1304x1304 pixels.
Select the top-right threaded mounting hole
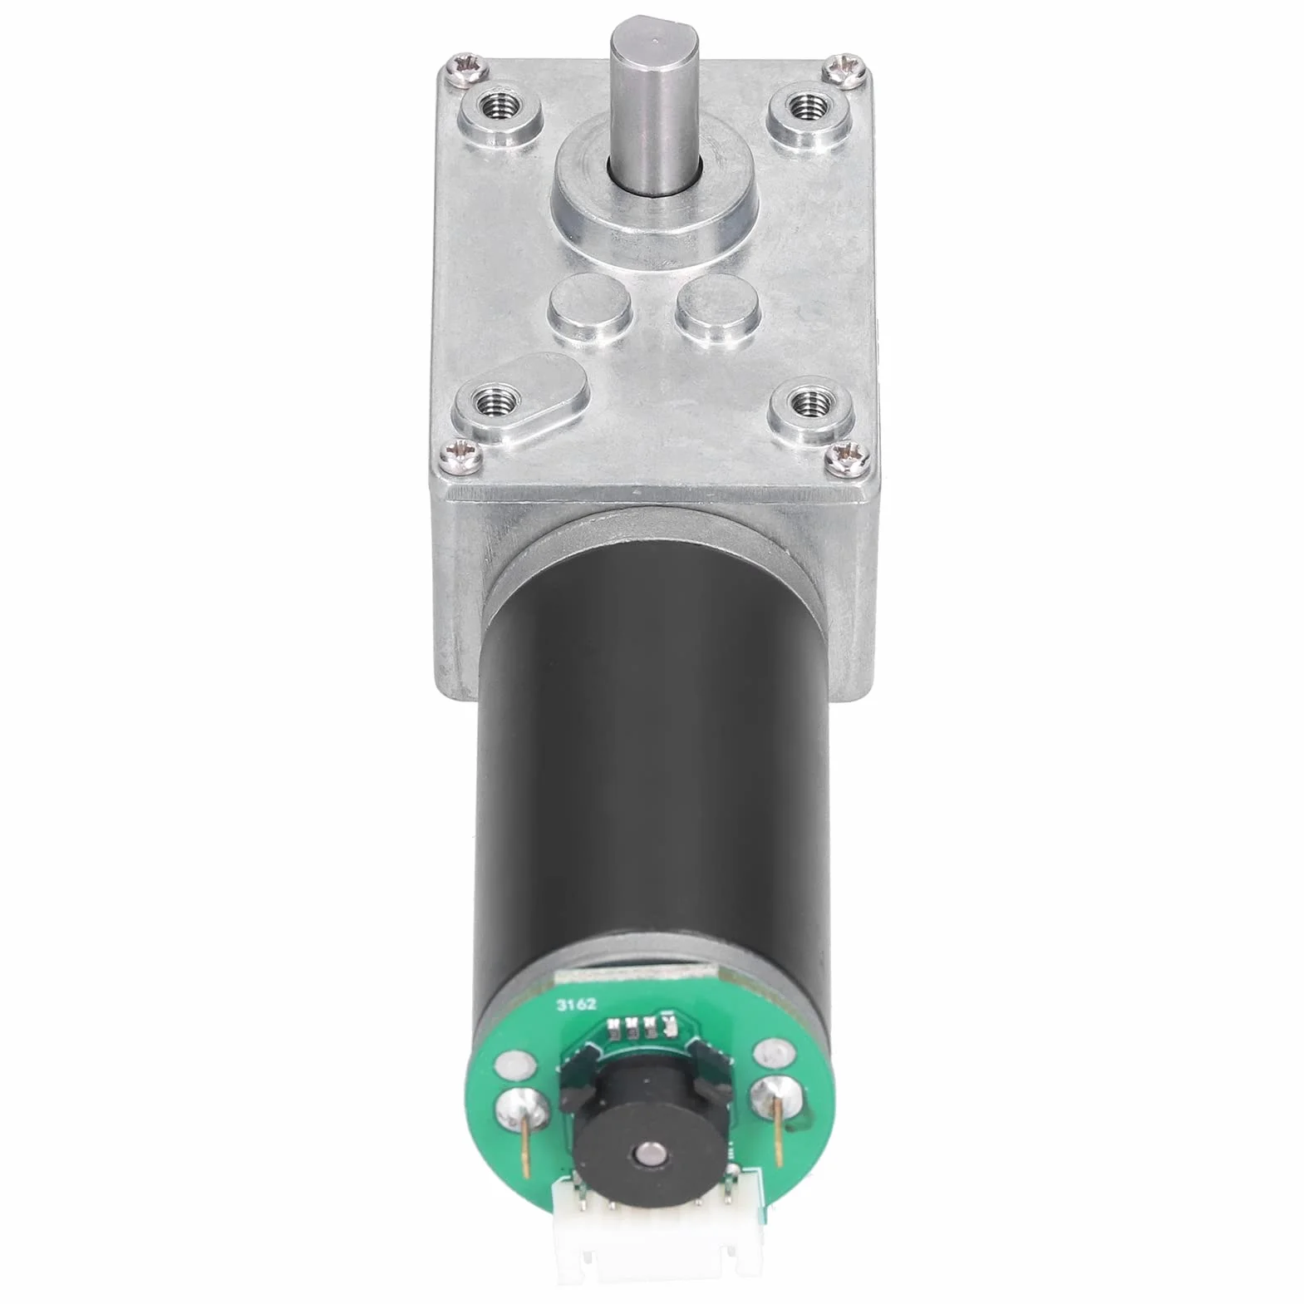point(802,106)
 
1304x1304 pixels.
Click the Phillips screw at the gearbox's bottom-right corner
point(846,453)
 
